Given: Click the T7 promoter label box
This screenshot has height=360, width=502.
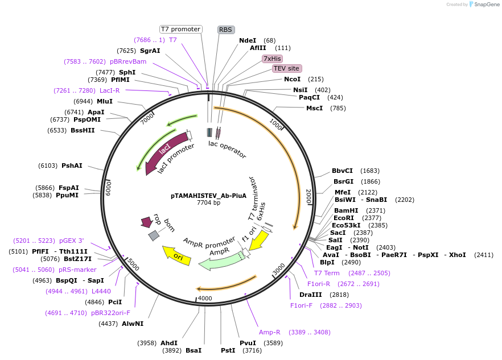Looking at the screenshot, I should coord(180,29).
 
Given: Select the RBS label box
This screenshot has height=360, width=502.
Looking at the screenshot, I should coord(225,30).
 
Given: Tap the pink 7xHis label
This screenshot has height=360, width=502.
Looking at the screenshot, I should coord(272,59).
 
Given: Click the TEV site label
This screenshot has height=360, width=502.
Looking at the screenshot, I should coord(287,68).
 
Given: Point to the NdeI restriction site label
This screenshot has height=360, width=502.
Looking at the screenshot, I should coord(248,40).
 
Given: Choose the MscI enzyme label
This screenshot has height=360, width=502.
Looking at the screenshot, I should coord(314,108).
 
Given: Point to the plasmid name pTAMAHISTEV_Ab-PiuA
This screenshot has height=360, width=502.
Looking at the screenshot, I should coord(208,195).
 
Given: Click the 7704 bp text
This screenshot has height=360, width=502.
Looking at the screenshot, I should coord(208,202).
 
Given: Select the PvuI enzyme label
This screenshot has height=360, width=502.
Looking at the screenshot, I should coord(248,343).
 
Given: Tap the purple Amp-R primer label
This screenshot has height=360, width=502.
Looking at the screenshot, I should coord(270,332).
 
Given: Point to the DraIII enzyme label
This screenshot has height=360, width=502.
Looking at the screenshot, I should coord(311,295).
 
